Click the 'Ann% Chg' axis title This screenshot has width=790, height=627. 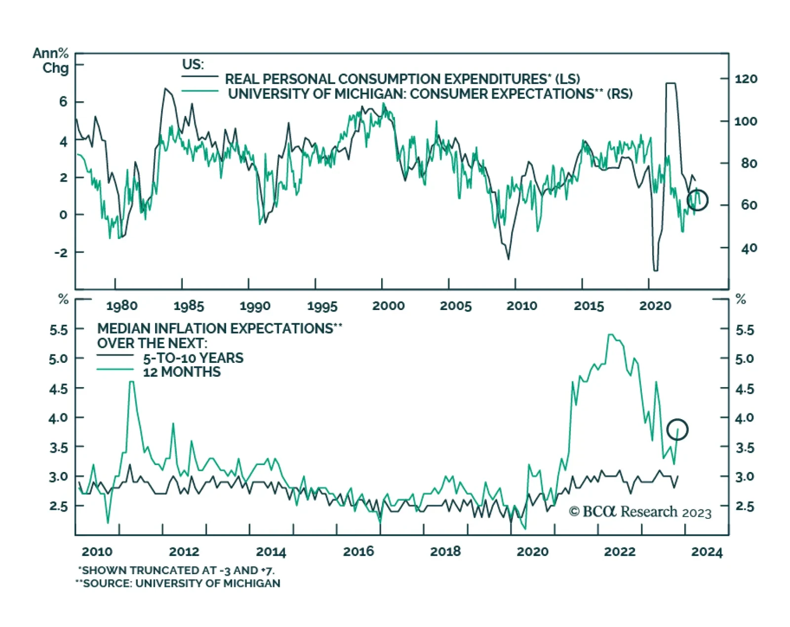click(51, 60)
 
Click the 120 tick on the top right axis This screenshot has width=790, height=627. click(746, 79)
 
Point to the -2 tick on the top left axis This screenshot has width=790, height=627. click(61, 252)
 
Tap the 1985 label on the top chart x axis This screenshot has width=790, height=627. click(189, 306)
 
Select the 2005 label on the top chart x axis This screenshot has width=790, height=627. click(455, 306)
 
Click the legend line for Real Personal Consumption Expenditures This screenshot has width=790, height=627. click(200, 77)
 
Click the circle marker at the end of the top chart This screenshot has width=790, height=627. click(697, 200)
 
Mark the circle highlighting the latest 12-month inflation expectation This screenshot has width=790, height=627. click(677, 430)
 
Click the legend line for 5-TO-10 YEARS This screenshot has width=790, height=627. click(115, 355)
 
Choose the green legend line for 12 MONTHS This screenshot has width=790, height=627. click(115, 369)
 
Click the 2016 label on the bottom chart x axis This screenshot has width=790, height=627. click(358, 551)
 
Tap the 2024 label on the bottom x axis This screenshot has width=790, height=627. click(707, 551)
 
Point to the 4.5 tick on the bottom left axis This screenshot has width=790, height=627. click(58, 389)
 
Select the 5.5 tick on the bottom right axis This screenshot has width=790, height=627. click(745, 330)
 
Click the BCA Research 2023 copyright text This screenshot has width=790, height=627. click(640, 512)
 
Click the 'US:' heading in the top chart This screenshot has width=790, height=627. click(193, 65)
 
